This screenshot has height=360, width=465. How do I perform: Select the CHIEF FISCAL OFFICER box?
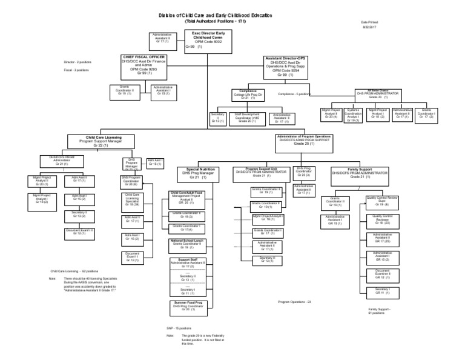(x=143, y=65)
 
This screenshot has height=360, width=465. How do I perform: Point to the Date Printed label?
(x=368, y=22)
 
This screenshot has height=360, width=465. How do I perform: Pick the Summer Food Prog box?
(x=188, y=305)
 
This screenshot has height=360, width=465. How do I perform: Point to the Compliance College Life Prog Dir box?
(x=245, y=95)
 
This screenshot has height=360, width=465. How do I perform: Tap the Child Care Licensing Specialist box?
(x=132, y=200)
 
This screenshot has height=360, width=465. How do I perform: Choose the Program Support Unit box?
(x=261, y=172)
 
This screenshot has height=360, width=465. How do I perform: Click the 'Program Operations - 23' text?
(x=294, y=301)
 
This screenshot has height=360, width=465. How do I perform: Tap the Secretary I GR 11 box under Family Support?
(x=382, y=290)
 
